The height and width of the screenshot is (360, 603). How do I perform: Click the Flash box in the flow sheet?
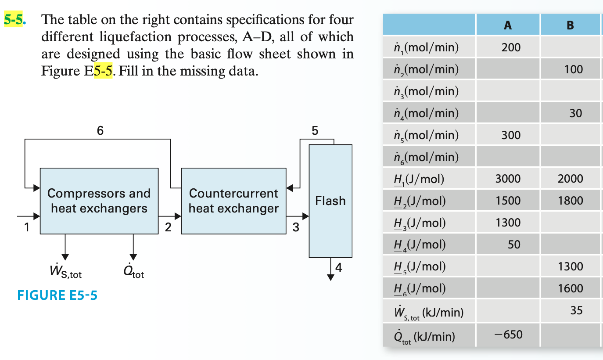point(330,201)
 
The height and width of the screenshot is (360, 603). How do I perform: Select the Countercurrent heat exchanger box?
point(233,201)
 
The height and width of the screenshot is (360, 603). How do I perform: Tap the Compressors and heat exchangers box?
point(99,201)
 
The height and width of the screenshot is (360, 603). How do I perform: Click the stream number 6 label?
point(100,130)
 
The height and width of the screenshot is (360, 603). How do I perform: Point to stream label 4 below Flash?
point(338,267)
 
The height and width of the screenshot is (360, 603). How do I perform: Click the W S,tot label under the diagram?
point(66,273)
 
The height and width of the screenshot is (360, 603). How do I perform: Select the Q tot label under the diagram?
point(133,273)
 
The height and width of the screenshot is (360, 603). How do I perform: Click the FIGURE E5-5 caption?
point(57,295)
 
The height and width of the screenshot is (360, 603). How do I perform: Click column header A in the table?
point(508,25)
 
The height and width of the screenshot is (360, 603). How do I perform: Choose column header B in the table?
point(570,25)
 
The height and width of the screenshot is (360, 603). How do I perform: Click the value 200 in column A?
point(511,47)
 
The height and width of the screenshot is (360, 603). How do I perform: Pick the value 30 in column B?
point(575,113)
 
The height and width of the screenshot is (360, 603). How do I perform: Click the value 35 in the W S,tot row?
point(576,310)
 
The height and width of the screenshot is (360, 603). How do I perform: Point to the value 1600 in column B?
point(571,288)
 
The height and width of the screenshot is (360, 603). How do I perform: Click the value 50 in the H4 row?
point(514,245)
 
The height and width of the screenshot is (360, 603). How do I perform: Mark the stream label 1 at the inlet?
point(27,227)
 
